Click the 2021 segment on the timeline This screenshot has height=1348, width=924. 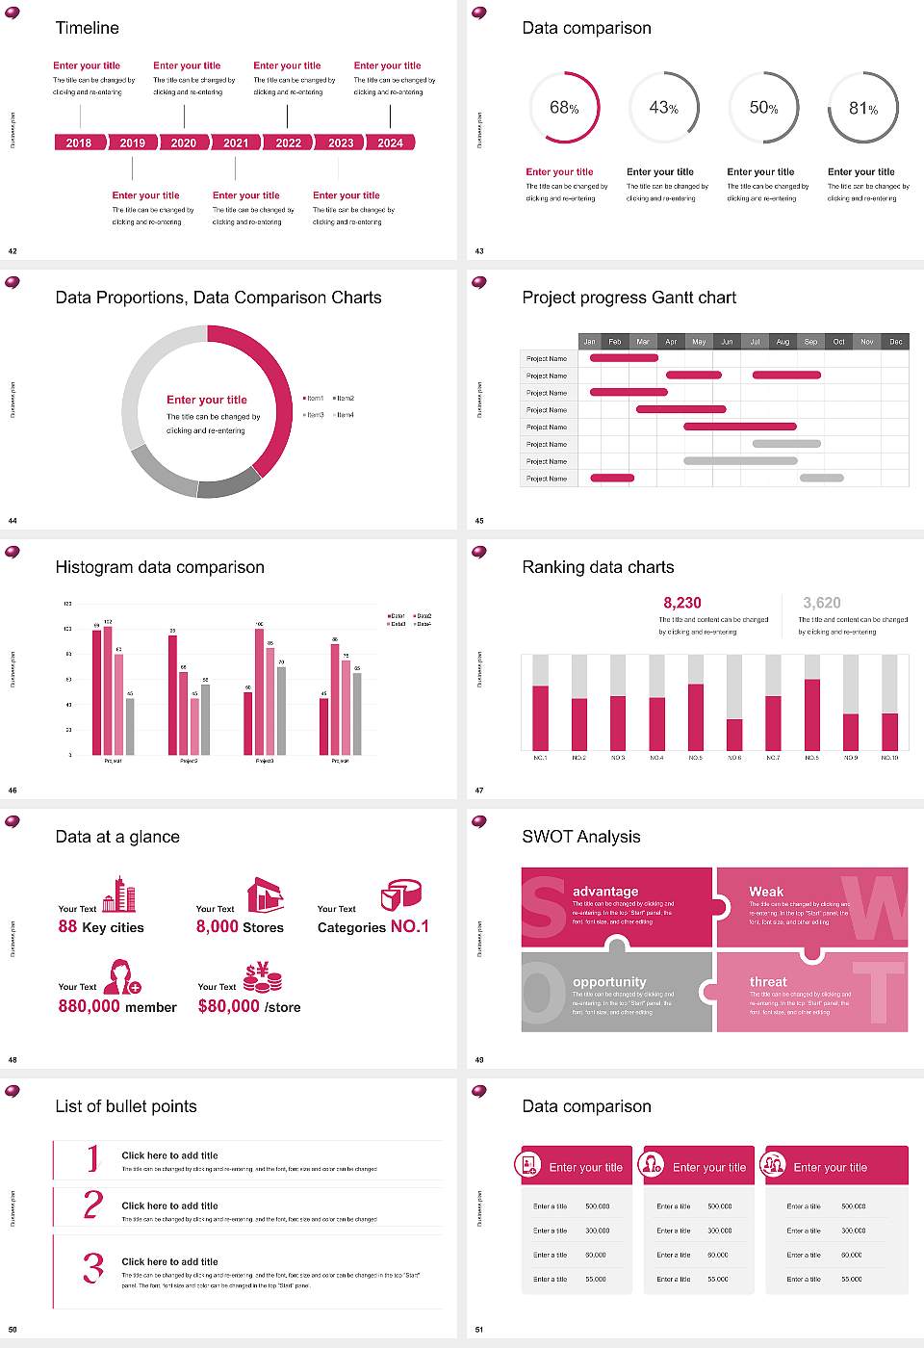tap(236, 143)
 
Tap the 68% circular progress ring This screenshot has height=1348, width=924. tap(564, 108)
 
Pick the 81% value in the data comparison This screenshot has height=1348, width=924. tap(862, 109)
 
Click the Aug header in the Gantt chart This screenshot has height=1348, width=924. tap(783, 342)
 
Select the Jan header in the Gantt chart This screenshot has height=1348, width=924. tap(589, 342)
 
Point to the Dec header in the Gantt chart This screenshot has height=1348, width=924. tap(895, 342)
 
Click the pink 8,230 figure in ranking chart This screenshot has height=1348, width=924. tap(682, 603)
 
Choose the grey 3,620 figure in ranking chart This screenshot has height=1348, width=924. tap(822, 603)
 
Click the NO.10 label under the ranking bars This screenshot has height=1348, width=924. tap(889, 758)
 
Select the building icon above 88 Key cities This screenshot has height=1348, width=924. tap(119, 894)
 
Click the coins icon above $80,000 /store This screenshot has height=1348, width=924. tap(262, 977)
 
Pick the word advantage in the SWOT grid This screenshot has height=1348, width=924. tap(605, 892)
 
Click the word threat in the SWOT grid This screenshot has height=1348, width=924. tap(768, 982)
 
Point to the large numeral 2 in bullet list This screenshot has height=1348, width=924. tap(92, 1205)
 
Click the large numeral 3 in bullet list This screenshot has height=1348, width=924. tap(92, 1267)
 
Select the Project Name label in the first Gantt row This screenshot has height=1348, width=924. tap(547, 358)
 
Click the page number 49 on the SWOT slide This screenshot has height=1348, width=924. tap(479, 1060)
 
